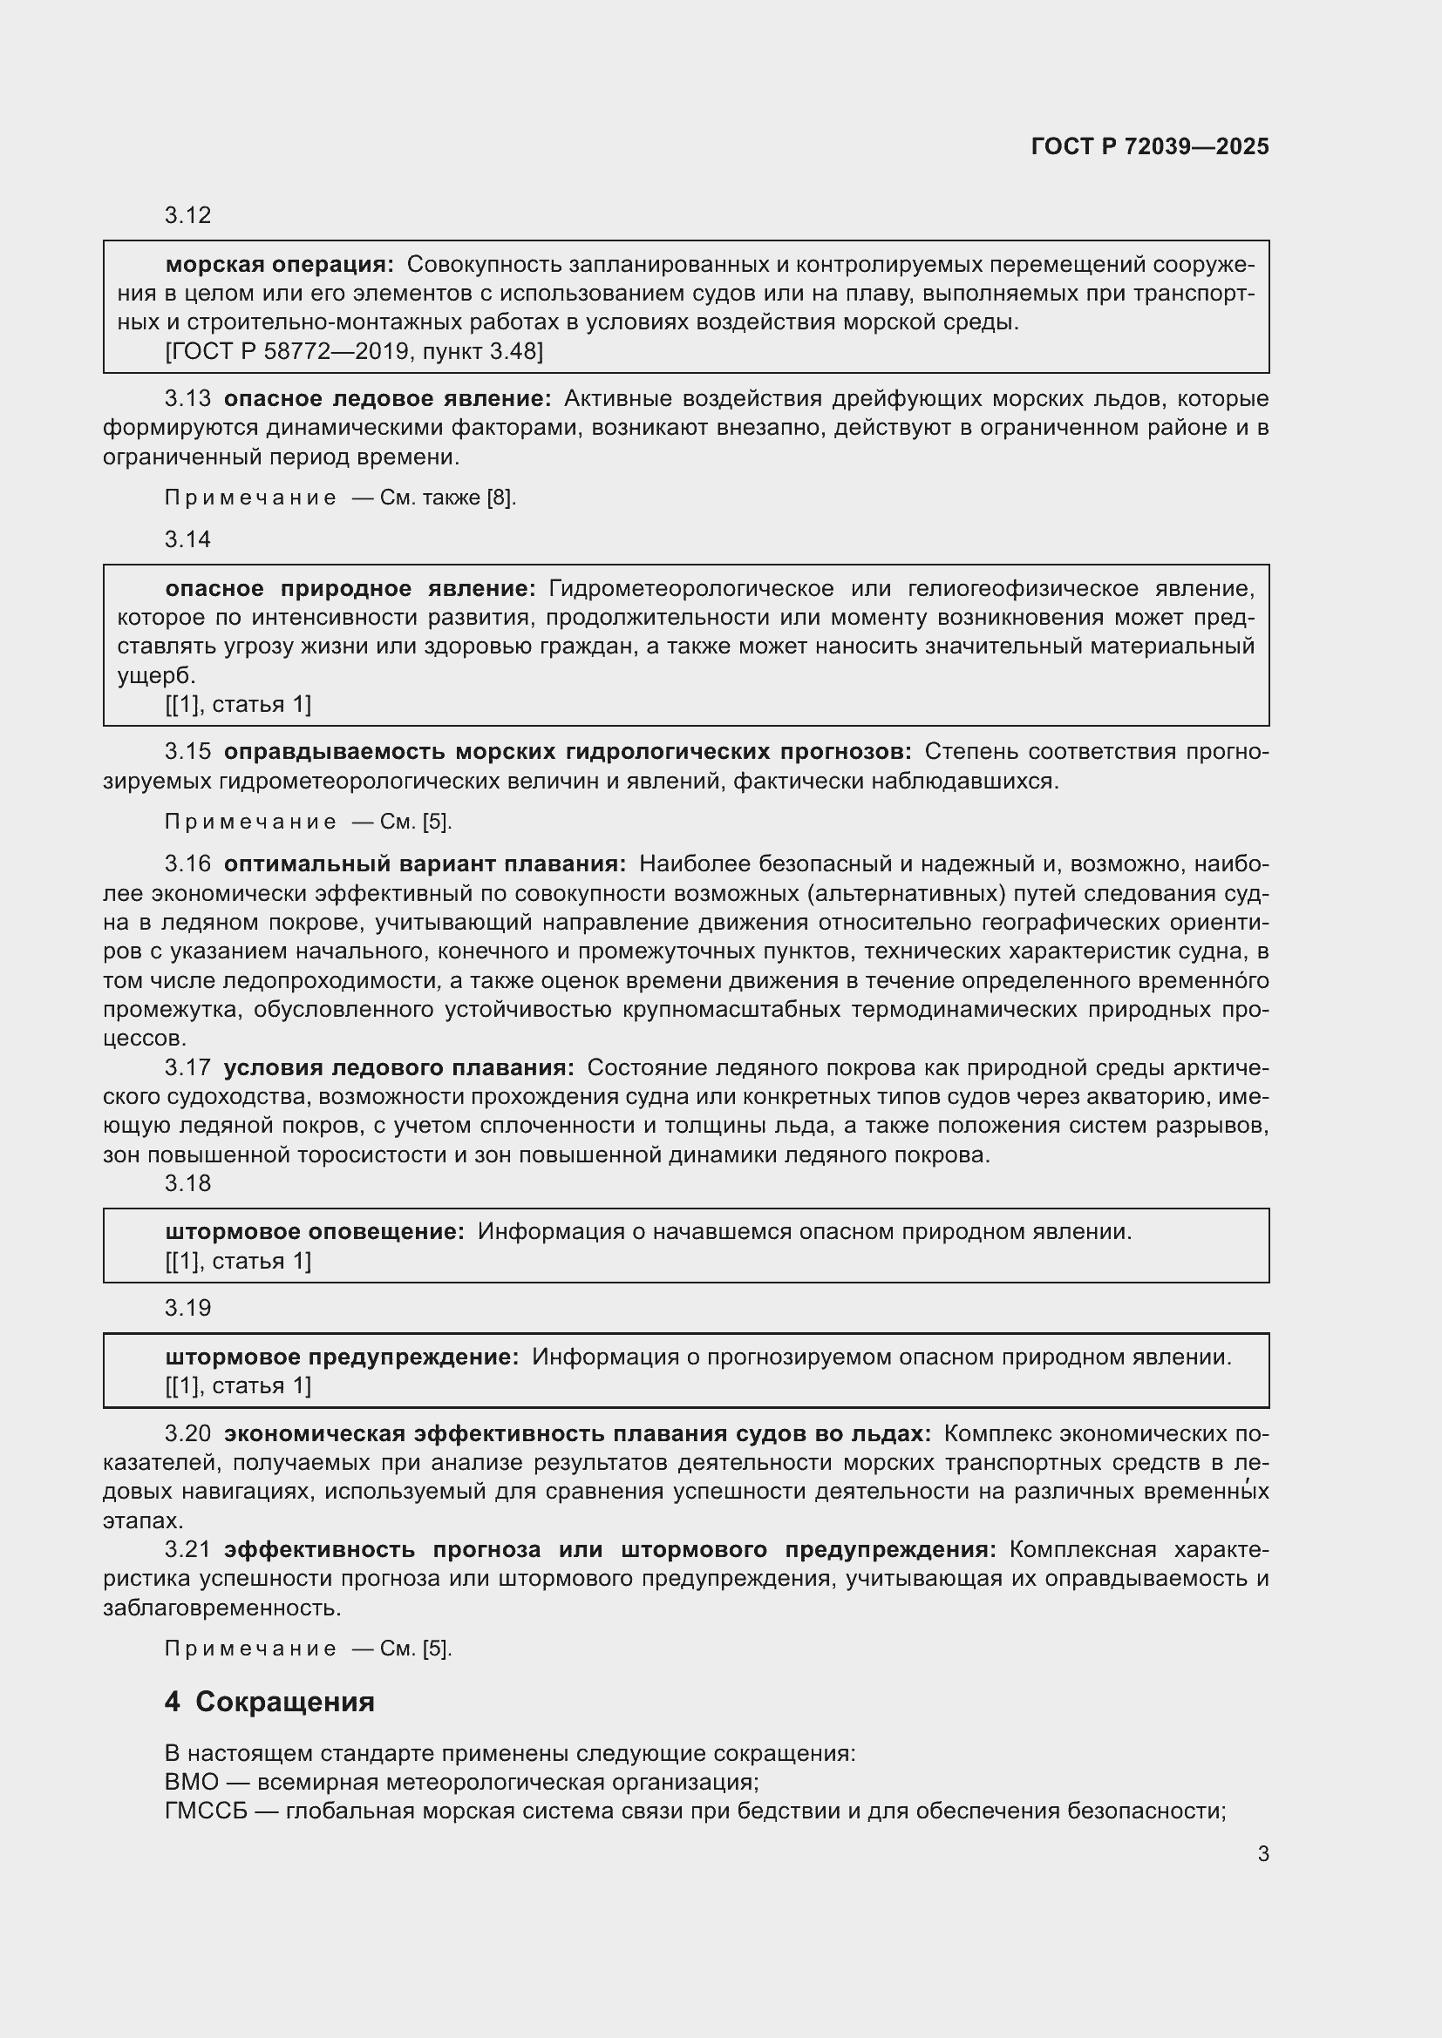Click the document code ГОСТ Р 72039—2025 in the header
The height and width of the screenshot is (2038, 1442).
pyautogui.click(x=1150, y=146)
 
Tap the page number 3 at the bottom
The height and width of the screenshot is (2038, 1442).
pyautogui.click(x=1262, y=1853)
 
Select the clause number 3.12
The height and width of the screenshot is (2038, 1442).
pyautogui.click(x=187, y=216)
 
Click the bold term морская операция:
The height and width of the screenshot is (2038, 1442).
pyautogui.click(x=279, y=265)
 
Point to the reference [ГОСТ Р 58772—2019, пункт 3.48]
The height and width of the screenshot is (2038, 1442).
pyautogui.click(x=353, y=351)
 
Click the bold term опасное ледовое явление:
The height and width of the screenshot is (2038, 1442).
pyautogui.click(x=387, y=398)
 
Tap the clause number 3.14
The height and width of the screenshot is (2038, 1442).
pyautogui.click(x=187, y=539)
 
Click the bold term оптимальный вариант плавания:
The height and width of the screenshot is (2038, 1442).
pyautogui.click(x=425, y=863)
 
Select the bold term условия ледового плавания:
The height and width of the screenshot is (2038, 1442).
pyautogui.click(x=398, y=1068)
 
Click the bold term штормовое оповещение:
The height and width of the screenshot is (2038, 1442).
pyautogui.click(x=315, y=1232)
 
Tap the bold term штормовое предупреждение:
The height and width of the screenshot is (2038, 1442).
pyautogui.click(x=342, y=1357)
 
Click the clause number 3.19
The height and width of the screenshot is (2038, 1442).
pyautogui.click(x=187, y=1309)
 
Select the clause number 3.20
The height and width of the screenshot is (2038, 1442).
pyautogui.click(x=187, y=1433)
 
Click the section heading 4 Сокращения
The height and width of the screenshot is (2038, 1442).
pyautogui.click(x=269, y=1702)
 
